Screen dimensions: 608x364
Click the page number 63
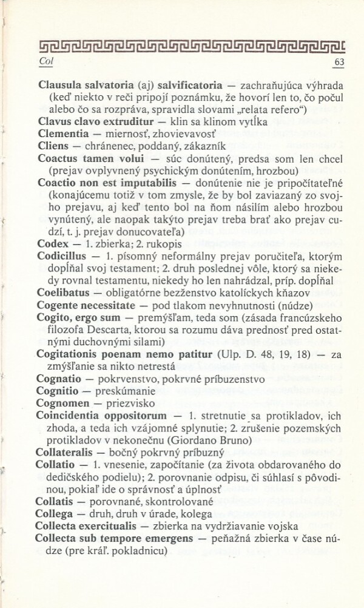coord(339,63)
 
